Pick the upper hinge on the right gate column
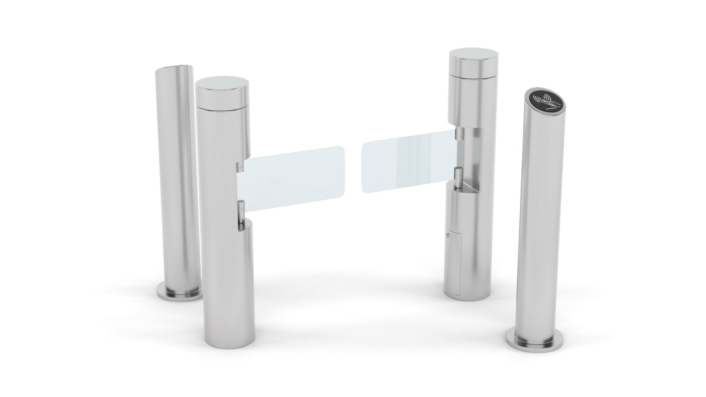pos(459,134)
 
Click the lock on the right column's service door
pos(448,235)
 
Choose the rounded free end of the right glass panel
pos(366,169)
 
